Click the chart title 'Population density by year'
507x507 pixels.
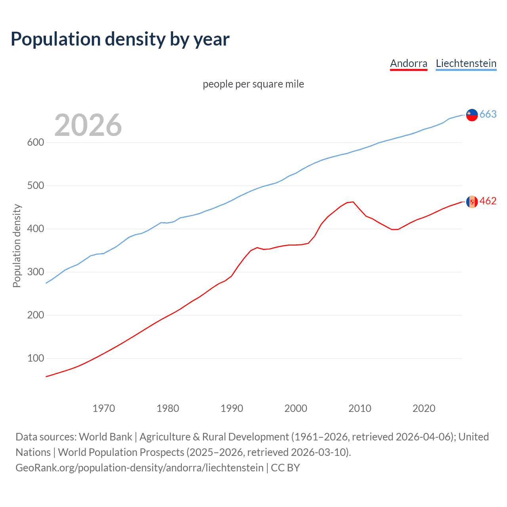click(x=120, y=39)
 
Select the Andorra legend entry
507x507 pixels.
click(x=408, y=63)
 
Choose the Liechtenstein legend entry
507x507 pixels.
click(x=466, y=63)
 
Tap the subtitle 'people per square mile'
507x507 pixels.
click(x=253, y=84)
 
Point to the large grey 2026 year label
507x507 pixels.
click(x=88, y=125)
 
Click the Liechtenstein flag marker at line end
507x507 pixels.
click(x=472, y=115)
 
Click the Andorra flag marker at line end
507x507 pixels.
click(x=472, y=202)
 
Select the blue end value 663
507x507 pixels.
click(x=488, y=114)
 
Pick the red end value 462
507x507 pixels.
click(x=488, y=201)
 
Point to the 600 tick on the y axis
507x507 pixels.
click(x=36, y=143)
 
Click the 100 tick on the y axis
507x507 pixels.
click(x=36, y=358)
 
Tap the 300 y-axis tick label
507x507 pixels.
click(x=36, y=272)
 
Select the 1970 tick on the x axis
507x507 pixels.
click(x=104, y=408)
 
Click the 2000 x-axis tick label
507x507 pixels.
click(x=296, y=408)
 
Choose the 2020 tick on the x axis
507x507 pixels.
click(x=424, y=408)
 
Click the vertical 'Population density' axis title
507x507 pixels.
click(x=17, y=246)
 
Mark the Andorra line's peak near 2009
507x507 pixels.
click(x=353, y=202)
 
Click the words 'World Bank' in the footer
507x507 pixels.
click(x=105, y=437)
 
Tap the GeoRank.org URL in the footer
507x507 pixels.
click(x=139, y=468)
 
